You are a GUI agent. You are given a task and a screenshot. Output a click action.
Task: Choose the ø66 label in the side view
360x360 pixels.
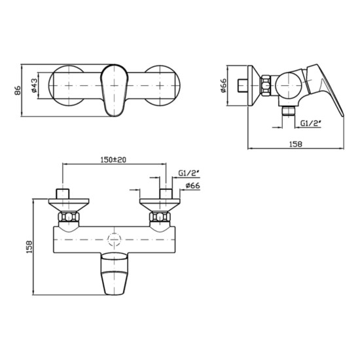[223, 86]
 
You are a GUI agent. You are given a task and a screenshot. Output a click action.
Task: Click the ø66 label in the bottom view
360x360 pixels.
[192, 187]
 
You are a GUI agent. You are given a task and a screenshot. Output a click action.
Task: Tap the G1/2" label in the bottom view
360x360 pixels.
[189, 173]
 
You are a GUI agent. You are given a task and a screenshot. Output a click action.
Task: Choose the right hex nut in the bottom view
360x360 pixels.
[159, 218]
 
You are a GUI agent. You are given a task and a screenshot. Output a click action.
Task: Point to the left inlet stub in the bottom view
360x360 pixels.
[63, 195]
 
